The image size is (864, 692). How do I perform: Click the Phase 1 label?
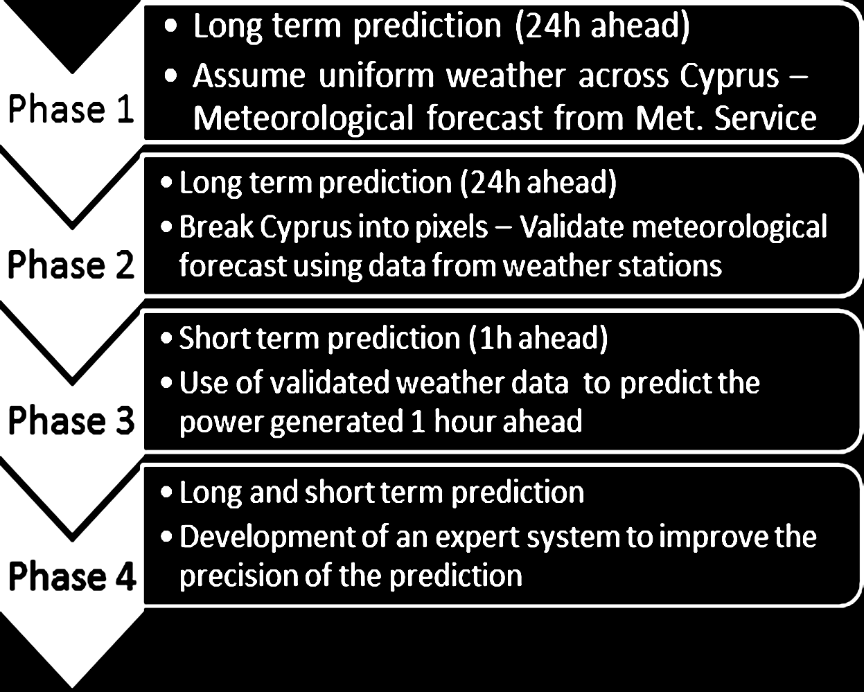point(71,109)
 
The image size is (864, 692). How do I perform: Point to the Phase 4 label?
point(72,576)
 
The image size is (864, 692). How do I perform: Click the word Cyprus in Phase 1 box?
point(729,77)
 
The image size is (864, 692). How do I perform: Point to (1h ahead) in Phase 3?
point(538,338)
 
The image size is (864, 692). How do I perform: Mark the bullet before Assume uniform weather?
point(170,76)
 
